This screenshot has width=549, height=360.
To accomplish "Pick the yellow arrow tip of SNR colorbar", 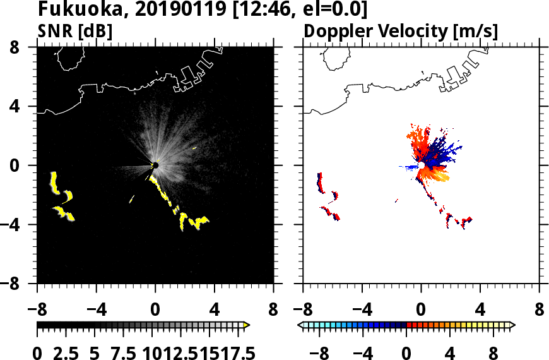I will [x=247, y=325].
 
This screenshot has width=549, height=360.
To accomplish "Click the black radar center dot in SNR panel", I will [x=155, y=165].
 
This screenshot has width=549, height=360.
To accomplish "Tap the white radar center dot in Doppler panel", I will [x=421, y=165].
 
